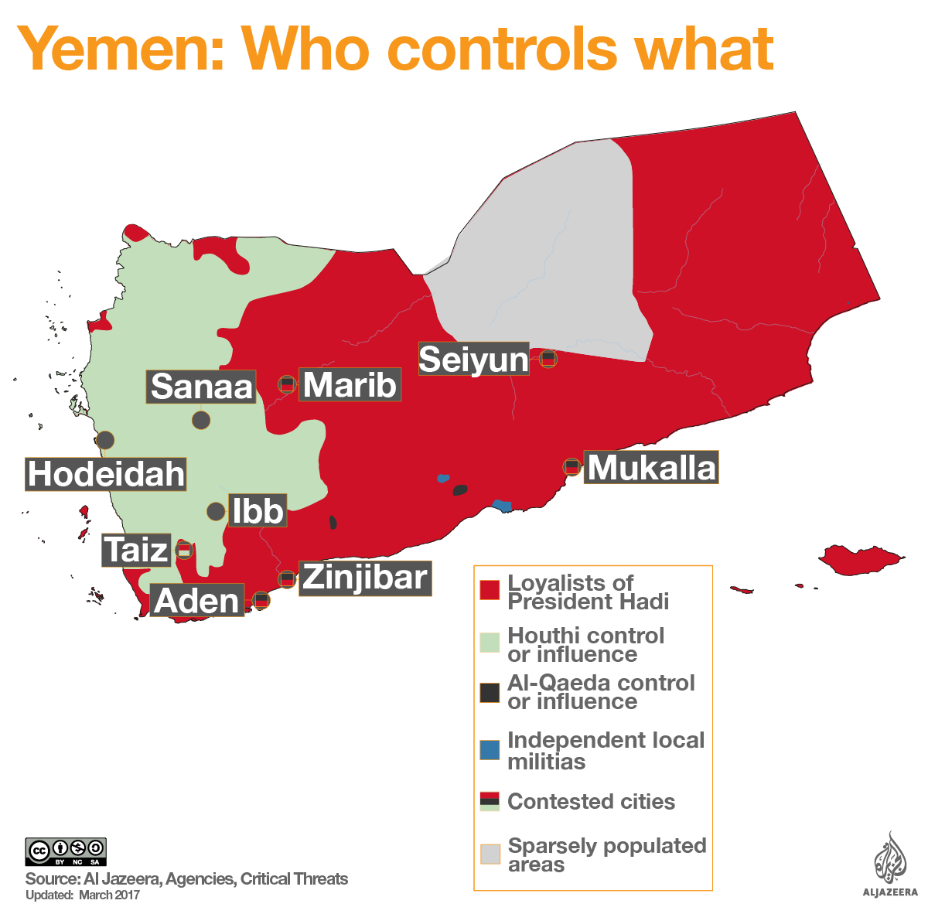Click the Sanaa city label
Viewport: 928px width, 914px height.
(x=201, y=387)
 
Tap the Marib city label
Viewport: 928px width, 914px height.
(x=350, y=385)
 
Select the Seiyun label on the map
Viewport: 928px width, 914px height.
(x=473, y=360)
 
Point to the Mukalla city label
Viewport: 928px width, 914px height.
(x=652, y=468)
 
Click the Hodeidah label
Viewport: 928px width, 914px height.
(x=107, y=474)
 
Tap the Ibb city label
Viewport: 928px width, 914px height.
(x=258, y=511)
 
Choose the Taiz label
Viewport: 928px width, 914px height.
(x=136, y=551)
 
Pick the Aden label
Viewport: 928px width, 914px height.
(x=197, y=601)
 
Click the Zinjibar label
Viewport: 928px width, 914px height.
(x=364, y=578)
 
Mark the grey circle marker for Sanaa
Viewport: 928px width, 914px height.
(x=201, y=420)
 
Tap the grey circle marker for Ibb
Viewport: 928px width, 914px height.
(x=216, y=511)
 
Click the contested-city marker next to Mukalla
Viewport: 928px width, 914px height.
(x=571, y=466)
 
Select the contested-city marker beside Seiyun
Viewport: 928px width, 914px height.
(x=548, y=359)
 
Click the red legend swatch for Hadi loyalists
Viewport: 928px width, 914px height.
(x=490, y=591)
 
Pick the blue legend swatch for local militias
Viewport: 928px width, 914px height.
(x=490, y=750)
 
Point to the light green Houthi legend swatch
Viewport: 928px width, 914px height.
(x=490, y=643)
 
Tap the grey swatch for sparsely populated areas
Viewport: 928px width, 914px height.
(x=490, y=854)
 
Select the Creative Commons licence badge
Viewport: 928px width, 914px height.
(x=66, y=851)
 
